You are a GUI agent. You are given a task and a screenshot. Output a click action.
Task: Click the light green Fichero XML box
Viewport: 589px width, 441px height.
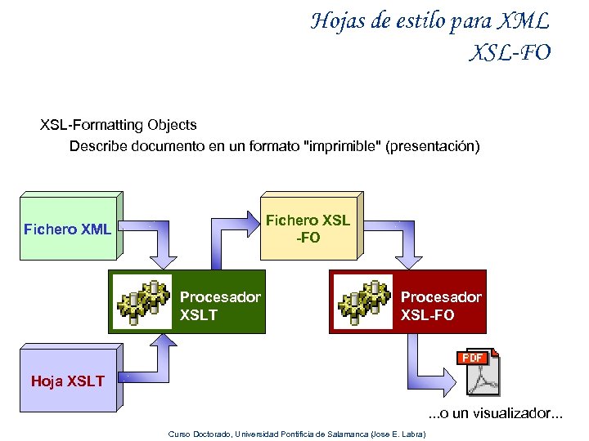pos(69,229)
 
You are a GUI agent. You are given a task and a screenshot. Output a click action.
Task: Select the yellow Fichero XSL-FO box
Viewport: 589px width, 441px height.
pos(308,229)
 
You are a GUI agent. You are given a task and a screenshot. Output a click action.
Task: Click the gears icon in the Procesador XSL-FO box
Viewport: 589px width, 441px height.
pos(363,301)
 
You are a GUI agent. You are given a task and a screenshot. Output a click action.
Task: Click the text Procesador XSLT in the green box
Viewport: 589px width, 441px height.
pos(219,305)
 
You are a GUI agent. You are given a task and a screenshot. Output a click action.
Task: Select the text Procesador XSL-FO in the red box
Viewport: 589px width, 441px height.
pos(440,305)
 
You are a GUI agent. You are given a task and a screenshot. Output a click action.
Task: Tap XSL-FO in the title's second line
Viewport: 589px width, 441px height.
pos(510,52)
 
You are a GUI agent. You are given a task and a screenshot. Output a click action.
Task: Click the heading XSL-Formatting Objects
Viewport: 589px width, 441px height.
pos(119,125)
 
